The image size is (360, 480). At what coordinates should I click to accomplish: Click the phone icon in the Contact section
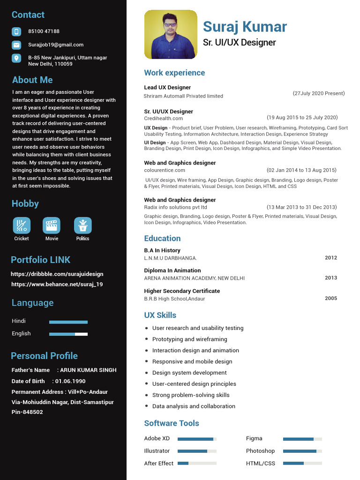click(16, 32)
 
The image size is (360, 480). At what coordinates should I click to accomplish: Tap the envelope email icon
click(16, 45)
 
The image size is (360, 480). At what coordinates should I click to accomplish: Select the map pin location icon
click(16, 58)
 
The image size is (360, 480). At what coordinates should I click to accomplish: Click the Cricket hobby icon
click(22, 225)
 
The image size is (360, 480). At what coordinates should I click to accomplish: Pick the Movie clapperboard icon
click(52, 225)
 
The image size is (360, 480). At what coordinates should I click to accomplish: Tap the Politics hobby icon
click(82, 225)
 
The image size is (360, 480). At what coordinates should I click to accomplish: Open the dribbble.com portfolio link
click(57, 274)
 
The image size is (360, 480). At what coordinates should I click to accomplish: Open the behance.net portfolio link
click(57, 284)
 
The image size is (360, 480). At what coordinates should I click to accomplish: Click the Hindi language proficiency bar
click(68, 322)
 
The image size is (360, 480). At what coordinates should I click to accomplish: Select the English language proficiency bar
click(68, 334)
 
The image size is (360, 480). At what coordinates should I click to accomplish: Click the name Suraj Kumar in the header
click(245, 27)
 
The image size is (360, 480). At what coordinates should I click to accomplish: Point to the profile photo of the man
click(171, 34)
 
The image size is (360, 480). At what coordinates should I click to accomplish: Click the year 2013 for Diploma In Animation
click(331, 278)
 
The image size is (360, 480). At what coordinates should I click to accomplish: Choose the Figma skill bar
click(302, 439)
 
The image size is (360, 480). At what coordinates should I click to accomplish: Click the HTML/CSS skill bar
click(302, 464)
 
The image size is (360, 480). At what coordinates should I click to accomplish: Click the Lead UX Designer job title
click(167, 88)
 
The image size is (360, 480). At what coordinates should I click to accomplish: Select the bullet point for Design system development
click(147, 373)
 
